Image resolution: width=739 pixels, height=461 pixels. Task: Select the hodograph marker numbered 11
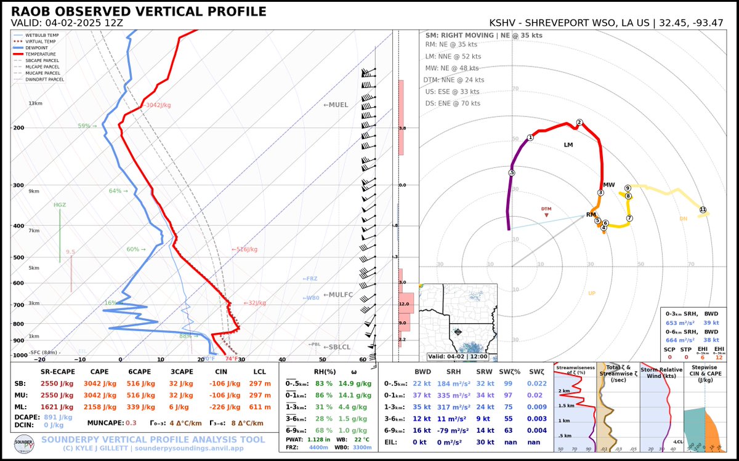click(703, 210)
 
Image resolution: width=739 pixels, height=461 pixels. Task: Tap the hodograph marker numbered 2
click(579, 122)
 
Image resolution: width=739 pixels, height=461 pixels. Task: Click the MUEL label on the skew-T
click(336, 105)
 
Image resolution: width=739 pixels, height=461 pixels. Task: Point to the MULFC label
click(338, 295)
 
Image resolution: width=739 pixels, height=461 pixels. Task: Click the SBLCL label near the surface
click(337, 348)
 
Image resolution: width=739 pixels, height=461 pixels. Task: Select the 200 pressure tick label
click(17, 128)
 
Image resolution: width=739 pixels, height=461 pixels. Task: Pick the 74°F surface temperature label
click(232, 359)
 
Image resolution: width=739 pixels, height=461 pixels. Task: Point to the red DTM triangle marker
click(546, 214)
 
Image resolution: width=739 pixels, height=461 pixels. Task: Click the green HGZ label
click(60, 205)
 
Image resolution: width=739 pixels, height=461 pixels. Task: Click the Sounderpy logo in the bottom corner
click(22, 446)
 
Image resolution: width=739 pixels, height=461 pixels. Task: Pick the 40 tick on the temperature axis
click(282, 359)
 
